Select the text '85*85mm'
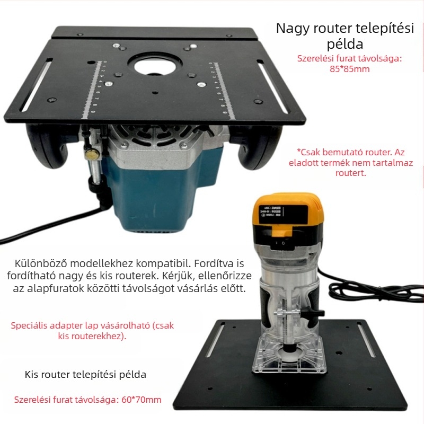click(349, 69)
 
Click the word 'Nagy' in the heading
click(293, 29)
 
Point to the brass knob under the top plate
click(93, 155)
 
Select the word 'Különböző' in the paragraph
click(40, 263)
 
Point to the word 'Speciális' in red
click(30, 325)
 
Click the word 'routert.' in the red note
click(350, 173)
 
